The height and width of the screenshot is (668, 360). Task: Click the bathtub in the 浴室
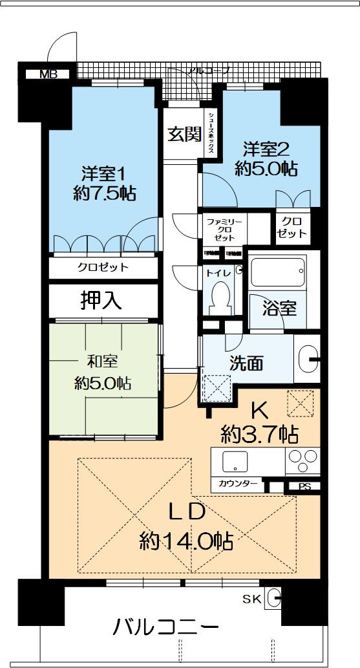point(277,272)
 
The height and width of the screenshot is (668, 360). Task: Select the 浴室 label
point(279,308)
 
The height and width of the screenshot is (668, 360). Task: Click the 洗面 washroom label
point(246,363)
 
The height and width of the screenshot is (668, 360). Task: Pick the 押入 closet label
point(101,300)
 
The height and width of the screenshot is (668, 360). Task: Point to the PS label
point(304,487)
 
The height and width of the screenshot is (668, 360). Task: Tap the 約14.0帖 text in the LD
point(186,540)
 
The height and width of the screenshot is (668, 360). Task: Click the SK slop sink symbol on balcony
point(273,598)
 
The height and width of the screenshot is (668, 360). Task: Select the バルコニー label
point(166,627)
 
